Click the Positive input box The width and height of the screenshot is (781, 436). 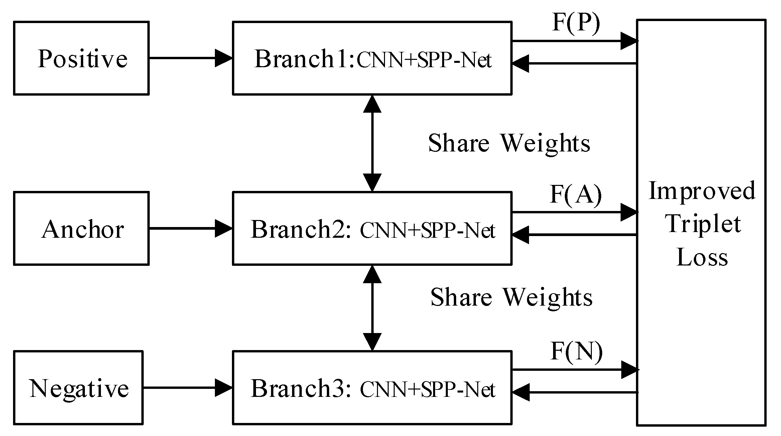click(x=81, y=58)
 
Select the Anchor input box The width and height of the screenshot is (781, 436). click(x=81, y=229)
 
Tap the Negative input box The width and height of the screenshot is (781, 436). click(x=78, y=388)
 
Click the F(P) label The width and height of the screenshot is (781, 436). click(x=576, y=23)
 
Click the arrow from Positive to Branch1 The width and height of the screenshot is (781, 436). click(x=190, y=58)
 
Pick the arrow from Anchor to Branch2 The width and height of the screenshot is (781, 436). click(x=190, y=229)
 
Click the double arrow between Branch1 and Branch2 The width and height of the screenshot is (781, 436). click(x=372, y=143)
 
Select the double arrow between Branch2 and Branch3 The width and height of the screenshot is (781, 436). click(x=372, y=308)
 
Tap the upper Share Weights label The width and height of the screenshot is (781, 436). click(x=509, y=143)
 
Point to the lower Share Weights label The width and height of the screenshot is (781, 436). click(x=511, y=297)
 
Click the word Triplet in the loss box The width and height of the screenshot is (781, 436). click(x=703, y=224)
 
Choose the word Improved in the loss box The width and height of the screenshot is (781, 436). click(x=702, y=191)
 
